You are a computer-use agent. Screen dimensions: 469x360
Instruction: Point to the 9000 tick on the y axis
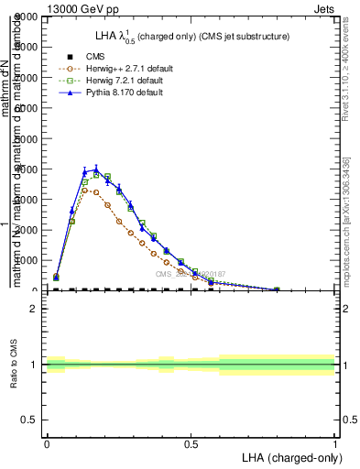(x=27, y=16)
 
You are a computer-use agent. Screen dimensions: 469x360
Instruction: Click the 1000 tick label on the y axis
(x=27, y=260)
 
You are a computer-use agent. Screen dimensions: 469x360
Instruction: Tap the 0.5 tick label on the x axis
(x=191, y=444)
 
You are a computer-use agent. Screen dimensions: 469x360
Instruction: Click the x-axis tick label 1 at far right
(x=335, y=444)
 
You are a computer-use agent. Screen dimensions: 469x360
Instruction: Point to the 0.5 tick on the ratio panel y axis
(x=29, y=420)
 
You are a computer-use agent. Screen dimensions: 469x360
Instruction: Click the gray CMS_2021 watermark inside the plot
(x=191, y=273)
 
